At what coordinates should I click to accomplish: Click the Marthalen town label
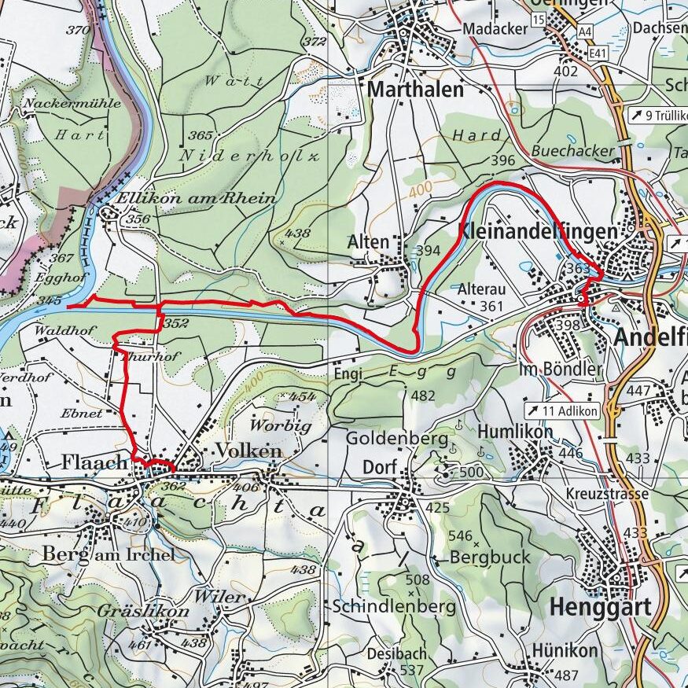tap(415, 90)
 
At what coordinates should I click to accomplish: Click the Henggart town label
tap(601, 607)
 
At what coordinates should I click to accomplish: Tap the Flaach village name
tap(94, 463)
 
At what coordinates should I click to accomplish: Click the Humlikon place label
tap(515, 432)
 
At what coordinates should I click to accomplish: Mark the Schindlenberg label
tap(393, 607)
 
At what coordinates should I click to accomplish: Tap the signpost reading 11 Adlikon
tap(563, 410)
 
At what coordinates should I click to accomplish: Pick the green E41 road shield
tap(600, 53)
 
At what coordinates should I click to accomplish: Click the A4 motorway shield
tap(583, 31)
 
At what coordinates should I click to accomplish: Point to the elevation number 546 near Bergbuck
tap(460, 536)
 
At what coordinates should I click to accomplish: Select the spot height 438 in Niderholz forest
tap(299, 234)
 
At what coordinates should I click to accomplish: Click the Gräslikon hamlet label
tap(143, 611)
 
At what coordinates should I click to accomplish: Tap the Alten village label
tap(368, 242)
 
